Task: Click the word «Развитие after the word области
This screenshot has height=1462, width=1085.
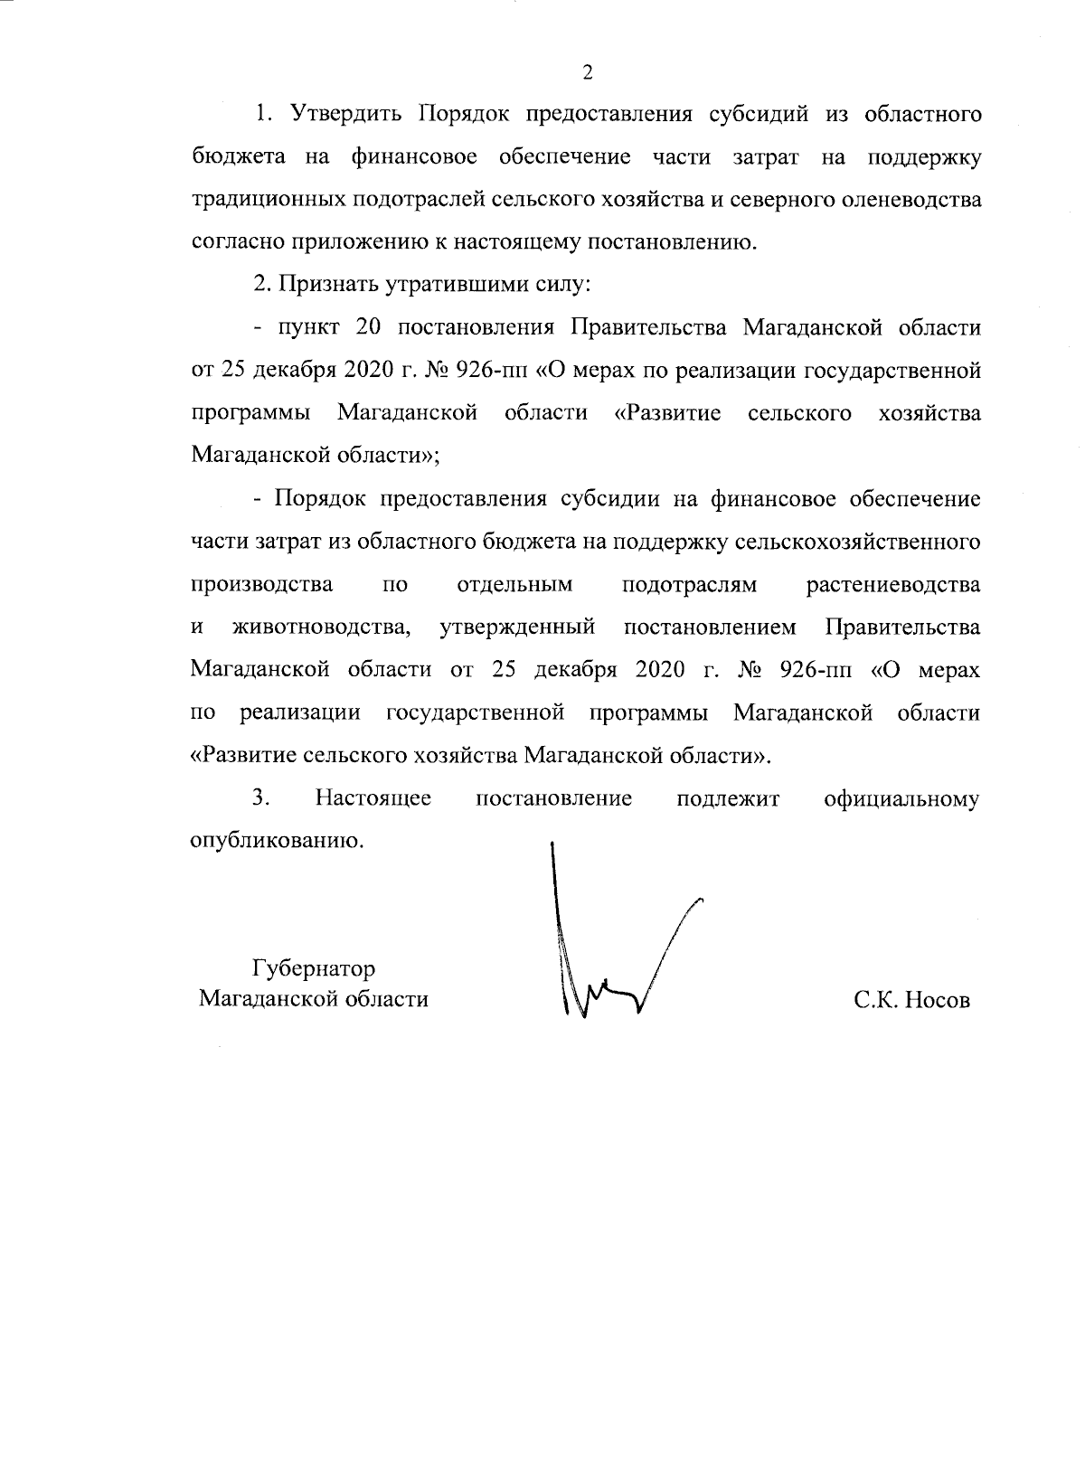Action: click(x=667, y=413)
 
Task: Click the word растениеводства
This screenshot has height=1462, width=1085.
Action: click(x=892, y=584)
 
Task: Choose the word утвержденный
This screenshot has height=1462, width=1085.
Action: click(x=517, y=627)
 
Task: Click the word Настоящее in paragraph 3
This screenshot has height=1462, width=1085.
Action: click(x=373, y=798)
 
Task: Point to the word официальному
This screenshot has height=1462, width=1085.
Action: click(x=901, y=798)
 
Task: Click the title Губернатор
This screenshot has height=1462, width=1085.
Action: click(x=314, y=969)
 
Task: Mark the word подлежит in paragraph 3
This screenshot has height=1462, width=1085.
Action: click(x=727, y=798)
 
